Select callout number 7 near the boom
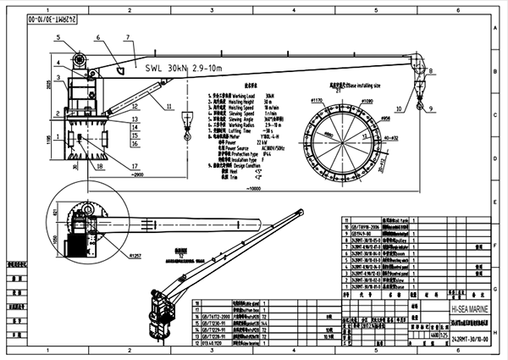pyautogui.click(x=129, y=38)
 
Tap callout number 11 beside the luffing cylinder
pyautogui.click(x=168, y=105)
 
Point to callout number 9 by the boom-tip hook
pyautogui.click(x=430, y=109)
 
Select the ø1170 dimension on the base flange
pyautogui.click(x=319, y=101)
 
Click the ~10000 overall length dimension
pyautogui.click(x=254, y=189)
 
